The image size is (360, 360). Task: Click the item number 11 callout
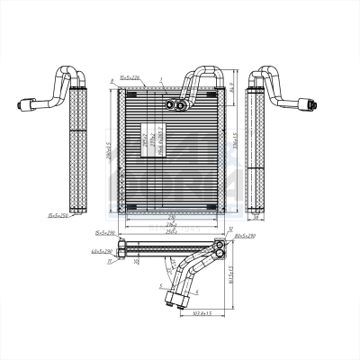(x=110, y=262)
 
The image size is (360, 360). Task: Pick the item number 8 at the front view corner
(x=112, y=81)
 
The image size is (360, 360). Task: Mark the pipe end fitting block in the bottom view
(x=197, y=293)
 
